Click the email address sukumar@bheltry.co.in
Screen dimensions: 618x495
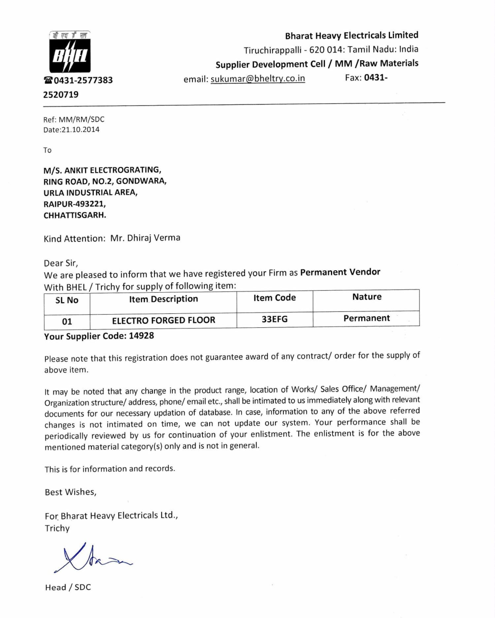258,79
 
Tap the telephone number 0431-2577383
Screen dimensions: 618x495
83,80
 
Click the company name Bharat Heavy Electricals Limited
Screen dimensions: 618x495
351,35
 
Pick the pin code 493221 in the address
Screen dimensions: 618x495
90,204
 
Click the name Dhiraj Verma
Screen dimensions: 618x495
153,238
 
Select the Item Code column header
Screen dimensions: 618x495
274,298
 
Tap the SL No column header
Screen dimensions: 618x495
67,300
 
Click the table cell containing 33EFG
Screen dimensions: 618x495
275,319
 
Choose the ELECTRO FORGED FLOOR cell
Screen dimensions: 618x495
163,320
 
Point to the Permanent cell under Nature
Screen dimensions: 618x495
366,318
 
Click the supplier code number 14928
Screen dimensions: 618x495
141,336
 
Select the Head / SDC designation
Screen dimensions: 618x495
68,587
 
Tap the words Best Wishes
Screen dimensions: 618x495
71,492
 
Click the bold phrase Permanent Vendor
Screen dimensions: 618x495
340,272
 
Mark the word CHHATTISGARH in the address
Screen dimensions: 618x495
75,215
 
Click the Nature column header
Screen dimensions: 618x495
367,297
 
